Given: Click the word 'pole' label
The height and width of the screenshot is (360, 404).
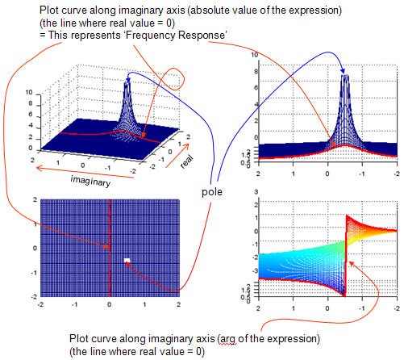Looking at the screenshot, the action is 212,192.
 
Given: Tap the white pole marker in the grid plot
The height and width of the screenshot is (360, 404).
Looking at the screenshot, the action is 127,260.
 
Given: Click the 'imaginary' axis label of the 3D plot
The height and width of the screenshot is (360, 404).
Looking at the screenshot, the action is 90,182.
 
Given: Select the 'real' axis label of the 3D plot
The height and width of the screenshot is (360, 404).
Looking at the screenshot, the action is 186,161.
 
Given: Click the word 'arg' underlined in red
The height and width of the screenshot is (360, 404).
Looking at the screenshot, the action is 228,339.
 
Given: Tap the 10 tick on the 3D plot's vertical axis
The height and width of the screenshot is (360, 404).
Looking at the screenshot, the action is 29,92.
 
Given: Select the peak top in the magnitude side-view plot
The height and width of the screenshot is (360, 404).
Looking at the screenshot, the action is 345,76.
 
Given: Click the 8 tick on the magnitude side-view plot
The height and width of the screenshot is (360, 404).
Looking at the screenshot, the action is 256,71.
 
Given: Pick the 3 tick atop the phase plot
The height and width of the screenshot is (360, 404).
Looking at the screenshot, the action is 256,192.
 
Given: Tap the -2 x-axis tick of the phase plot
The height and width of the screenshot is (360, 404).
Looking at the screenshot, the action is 397,308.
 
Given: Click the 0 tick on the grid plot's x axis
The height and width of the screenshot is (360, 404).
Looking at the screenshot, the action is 109,304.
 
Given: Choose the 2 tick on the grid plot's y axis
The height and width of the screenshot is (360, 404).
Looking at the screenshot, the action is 35,199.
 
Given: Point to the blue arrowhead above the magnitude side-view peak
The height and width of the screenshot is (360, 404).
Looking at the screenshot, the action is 343,71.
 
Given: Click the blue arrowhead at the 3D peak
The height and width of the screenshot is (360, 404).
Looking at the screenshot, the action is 128,80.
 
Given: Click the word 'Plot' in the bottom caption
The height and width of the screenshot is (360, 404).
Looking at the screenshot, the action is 79,338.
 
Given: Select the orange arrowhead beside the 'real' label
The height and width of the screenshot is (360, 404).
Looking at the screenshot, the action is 186,146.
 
